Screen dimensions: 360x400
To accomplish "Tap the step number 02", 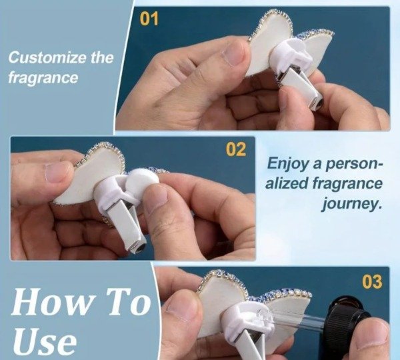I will tap(235, 149).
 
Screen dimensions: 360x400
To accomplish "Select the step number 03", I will tap(371, 281).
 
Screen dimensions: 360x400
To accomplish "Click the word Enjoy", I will tap(285, 163).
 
